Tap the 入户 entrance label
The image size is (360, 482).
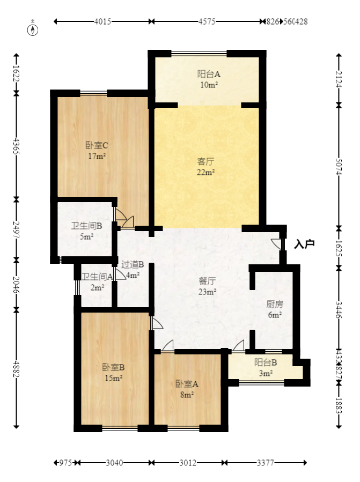[304, 244]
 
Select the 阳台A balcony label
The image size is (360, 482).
[208, 75]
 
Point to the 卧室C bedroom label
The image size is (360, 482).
[97, 145]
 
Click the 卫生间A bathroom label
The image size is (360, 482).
[97, 277]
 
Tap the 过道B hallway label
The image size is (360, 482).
[132, 264]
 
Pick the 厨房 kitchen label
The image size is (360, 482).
[275, 304]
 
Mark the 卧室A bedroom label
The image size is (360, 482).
[187, 384]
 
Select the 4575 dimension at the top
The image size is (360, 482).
[207, 22]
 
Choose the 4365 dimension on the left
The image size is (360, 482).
[16, 146]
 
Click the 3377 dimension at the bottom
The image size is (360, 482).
[267, 463]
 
